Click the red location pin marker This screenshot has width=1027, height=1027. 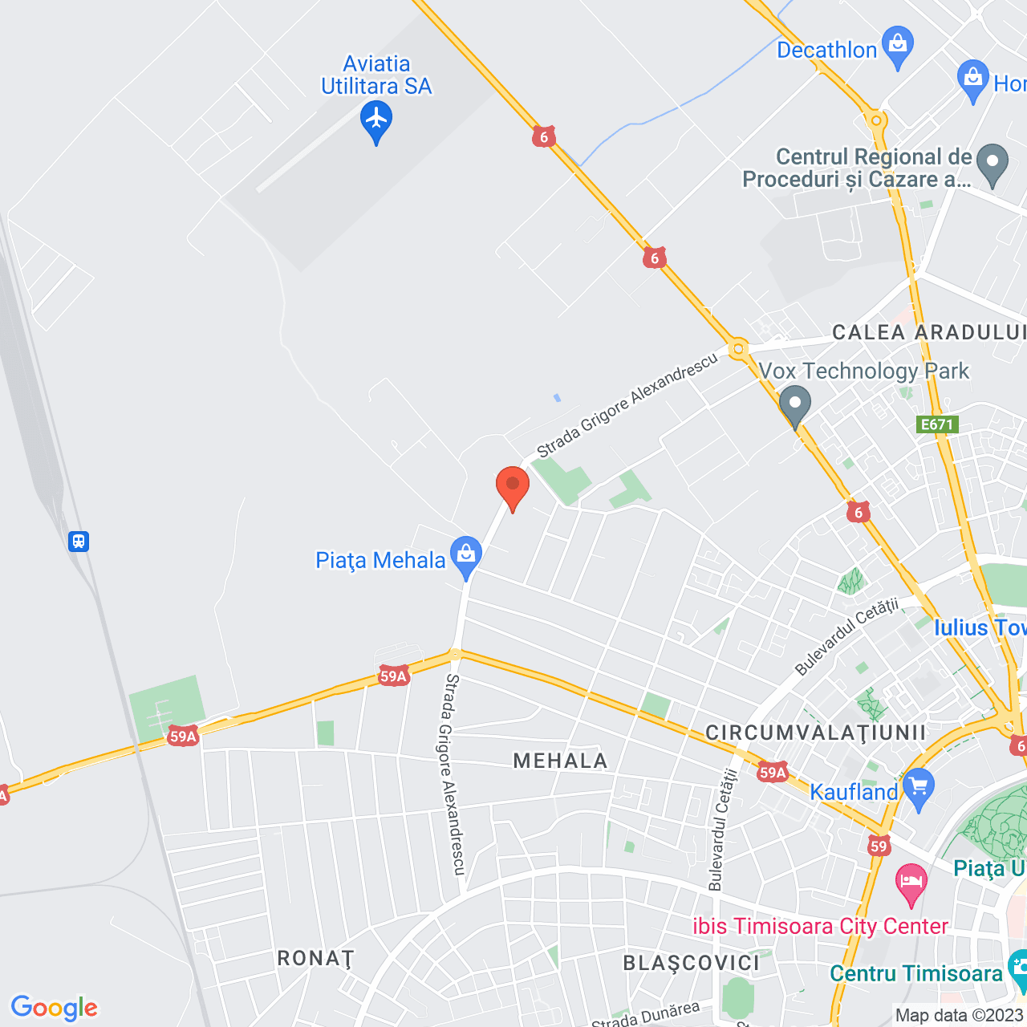pyautogui.click(x=512, y=486)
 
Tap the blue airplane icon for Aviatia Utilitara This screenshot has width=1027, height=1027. pyautogui.click(x=376, y=120)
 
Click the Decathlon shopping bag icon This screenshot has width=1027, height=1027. pyautogui.click(x=897, y=46)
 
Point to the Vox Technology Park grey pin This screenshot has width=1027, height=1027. pyautogui.click(x=795, y=405)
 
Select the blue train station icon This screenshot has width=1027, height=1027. pyautogui.click(x=78, y=541)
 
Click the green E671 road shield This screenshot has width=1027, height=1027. pyautogui.click(x=937, y=424)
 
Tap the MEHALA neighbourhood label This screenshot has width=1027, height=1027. pyautogui.click(x=561, y=761)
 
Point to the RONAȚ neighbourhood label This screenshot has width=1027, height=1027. pyautogui.click(x=315, y=958)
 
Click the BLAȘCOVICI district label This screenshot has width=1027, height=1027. pyautogui.click(x=692, y=963)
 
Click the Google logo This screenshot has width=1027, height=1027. pyautogui.click(x=54, y=1007)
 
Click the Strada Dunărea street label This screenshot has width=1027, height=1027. pyautogui.click(x=646, y=1016)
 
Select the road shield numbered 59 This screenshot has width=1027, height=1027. pyautogui.click(x=879, y=846)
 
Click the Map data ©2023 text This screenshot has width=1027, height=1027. pyautogui.click(x=959, y=1016)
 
